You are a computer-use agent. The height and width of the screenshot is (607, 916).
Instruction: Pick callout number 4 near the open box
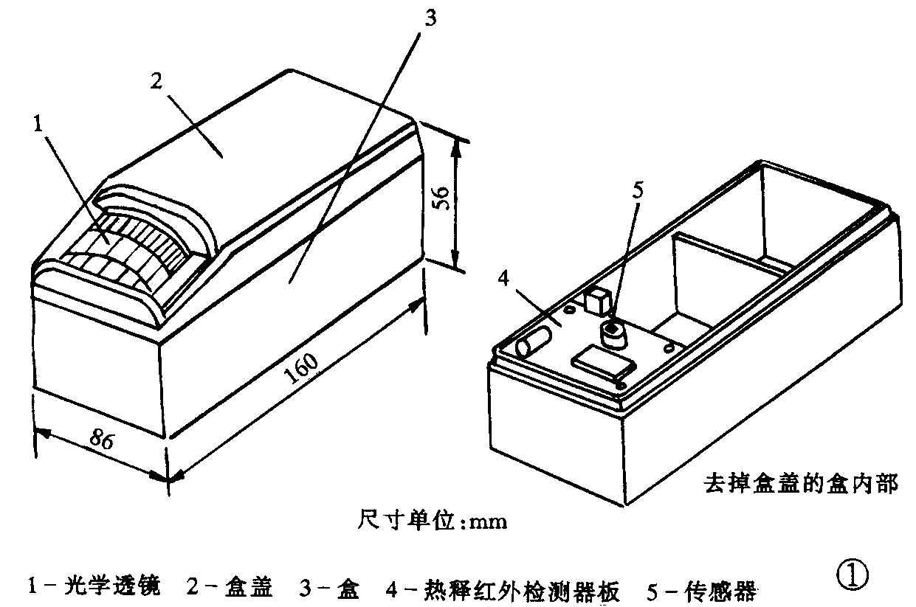tap(503, 278)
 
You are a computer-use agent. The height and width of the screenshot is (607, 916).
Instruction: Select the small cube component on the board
tap(596, 301)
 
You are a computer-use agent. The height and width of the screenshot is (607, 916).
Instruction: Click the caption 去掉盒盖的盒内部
tap(800, 485)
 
